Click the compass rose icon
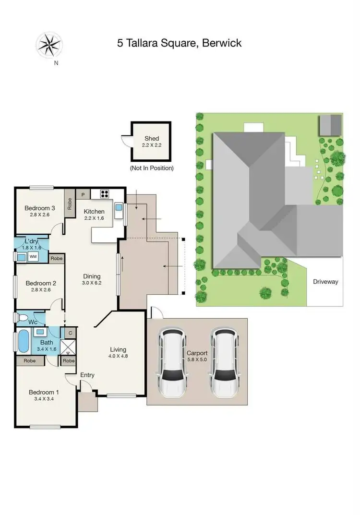[x=49, y=45]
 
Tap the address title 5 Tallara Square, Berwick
[x=179, y=43]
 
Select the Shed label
[x=152, y=139]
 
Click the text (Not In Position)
[x=152, y=168]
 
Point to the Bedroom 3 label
[x=40, y=208]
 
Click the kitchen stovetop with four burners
[x=105, y=194]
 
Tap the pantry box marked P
[x=83, y=194]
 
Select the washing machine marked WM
[x=33, y=257]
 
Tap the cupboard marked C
[x=70, y=333]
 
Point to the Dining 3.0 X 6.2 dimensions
[x=92, y=283]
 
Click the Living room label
[x=118, y=349]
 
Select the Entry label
[x=87, y=375]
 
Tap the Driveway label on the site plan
[x=325, y=282]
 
